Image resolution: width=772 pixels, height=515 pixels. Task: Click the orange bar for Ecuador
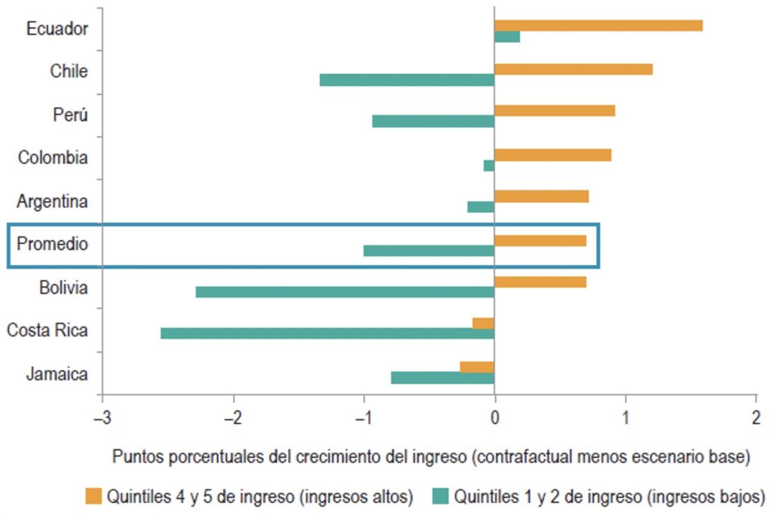tap(598, 26)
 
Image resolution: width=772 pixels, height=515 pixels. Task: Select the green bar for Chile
tap(407, 80)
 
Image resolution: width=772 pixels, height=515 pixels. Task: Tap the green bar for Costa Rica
tap(327, 333)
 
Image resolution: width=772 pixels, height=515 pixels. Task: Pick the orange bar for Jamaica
tap(477, 367)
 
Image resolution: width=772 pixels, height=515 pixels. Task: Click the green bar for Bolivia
tap(345, 291)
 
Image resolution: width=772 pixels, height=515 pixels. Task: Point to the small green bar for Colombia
tap(489, 165)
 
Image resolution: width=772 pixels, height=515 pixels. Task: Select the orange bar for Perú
tap(554, 111)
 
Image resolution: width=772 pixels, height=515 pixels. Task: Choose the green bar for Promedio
tap(428, 250)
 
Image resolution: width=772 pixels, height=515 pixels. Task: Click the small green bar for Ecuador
tap(507, 36)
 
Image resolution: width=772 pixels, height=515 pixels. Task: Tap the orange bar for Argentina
tap(541, 197)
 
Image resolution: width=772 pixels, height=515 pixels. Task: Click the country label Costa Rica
tap(47, 331)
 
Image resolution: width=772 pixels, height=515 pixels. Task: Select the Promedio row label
tap(53, 244)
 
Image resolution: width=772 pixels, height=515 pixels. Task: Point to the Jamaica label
tap(57, 373)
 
